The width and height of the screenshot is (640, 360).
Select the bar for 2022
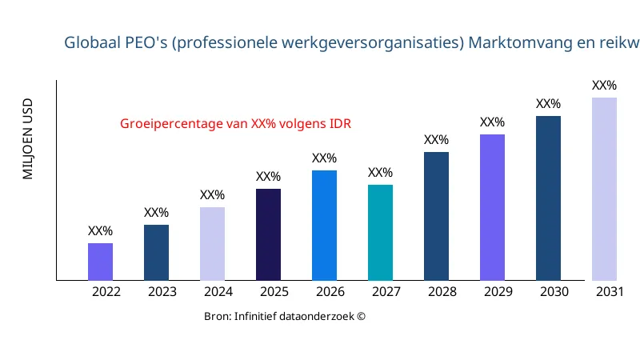point(100,262)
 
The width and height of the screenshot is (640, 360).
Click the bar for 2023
point(156,253)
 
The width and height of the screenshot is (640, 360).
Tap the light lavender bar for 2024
point(212,244)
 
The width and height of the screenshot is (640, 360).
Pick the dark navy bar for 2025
point(268,234)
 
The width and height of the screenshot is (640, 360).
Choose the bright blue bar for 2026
point(324,226)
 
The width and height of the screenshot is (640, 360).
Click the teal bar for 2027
point(380,233)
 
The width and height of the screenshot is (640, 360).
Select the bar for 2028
point(436,216)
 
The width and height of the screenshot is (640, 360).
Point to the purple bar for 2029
point(492,207)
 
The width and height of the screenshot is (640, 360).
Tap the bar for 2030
point(548,198)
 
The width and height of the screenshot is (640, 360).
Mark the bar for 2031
point(604,189)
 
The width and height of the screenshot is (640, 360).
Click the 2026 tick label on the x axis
point(330,292)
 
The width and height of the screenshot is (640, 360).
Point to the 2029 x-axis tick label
point(498,292)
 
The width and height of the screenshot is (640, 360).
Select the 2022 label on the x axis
point(106,292)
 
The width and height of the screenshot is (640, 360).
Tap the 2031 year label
point(610,292)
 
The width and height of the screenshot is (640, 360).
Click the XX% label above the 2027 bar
point(380,173)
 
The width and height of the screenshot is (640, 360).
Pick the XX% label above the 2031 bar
point(604,86)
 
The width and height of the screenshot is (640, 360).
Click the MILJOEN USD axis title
point(28,139)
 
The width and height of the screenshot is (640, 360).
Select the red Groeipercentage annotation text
point(236,124)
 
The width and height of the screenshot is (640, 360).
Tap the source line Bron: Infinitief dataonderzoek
point(285,317)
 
